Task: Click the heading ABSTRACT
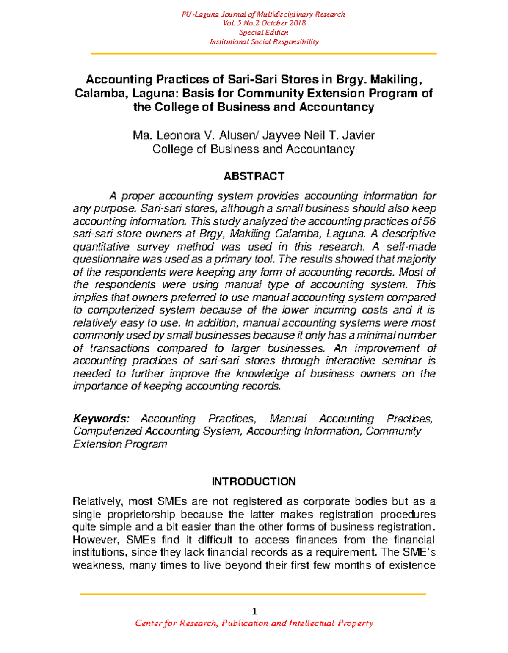click(x=254, y=176)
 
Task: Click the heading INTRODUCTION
click(x=254, y=482)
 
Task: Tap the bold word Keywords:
click(x=100, y=419)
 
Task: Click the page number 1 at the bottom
click(x=254, y=611)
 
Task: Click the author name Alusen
click(x=237, y=135)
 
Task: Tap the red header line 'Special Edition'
click(x=263, y=33)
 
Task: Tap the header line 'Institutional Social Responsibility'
click(x=264, y=42)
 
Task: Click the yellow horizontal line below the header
click(x=263, y=54)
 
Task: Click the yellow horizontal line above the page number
click(x=253, y=594)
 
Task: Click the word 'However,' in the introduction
click(x=93, y=540)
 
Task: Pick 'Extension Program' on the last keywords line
click(x=120, y=444)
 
